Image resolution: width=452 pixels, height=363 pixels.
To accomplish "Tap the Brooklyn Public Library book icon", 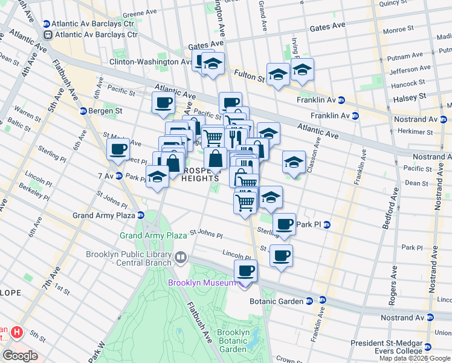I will pyautogui.click(x=180, y=258).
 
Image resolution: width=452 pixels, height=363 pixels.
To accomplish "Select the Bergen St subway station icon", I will pyautogui.click(x=83, y=111).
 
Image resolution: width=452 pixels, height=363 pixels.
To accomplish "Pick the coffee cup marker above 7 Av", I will pyautogui.click(x=118, y=149).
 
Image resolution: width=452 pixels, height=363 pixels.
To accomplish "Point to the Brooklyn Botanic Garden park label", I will pyautogui.click(x=233, y=341).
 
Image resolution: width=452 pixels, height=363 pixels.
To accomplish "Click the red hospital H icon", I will pyautogui.click(x=17, y=332).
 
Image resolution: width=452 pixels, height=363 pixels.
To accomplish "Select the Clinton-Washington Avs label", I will pyautogui.click(x=150, y=62).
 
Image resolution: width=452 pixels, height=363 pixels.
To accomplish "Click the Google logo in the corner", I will pyautogui.click(x=20, y=356).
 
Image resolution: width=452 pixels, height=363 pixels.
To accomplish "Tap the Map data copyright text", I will pyautogui.click(x=414, y=358).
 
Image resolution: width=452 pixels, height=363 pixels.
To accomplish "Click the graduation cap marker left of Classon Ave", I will pyautogui.click(x=294, y=162).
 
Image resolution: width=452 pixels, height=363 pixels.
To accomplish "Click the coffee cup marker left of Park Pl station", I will pyautogui.click(x=284, y=224).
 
